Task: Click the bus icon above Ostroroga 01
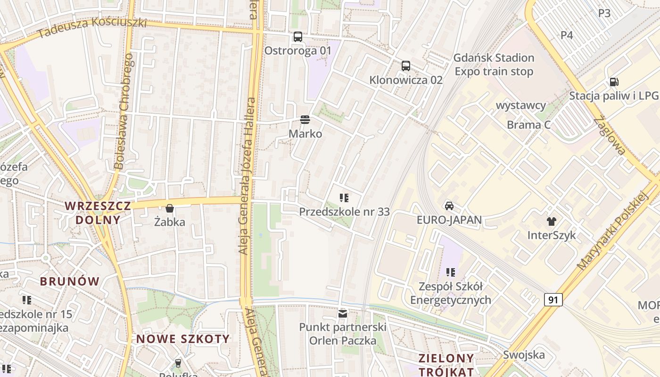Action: [x=297, y=37]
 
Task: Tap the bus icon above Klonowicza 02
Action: [x=406, y=66]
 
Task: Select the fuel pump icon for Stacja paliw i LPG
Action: [x=614, y=82]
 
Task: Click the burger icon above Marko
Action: [x=305, y=120]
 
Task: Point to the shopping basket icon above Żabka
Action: [x=170, y=208]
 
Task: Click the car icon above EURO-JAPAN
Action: [x=449, y=206]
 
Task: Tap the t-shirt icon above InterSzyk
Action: [x=551, y=221]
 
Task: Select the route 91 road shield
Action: [x=553, y=300]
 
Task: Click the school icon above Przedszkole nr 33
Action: [x=344, y=198]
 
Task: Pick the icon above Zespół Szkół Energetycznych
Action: [x=451, y=272]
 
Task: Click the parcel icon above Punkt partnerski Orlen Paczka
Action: [x=343, y=313]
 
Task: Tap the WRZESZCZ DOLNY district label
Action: [x=98, y=213]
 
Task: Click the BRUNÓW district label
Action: [x=70, y=281]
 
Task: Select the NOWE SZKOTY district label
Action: [x=183, y=339]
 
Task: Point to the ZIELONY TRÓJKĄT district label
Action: [x=446, y=364]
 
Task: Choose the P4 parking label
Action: [x=567, y=35]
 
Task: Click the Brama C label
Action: [x=528, y=125]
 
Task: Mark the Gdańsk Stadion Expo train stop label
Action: [x=494, y=65]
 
